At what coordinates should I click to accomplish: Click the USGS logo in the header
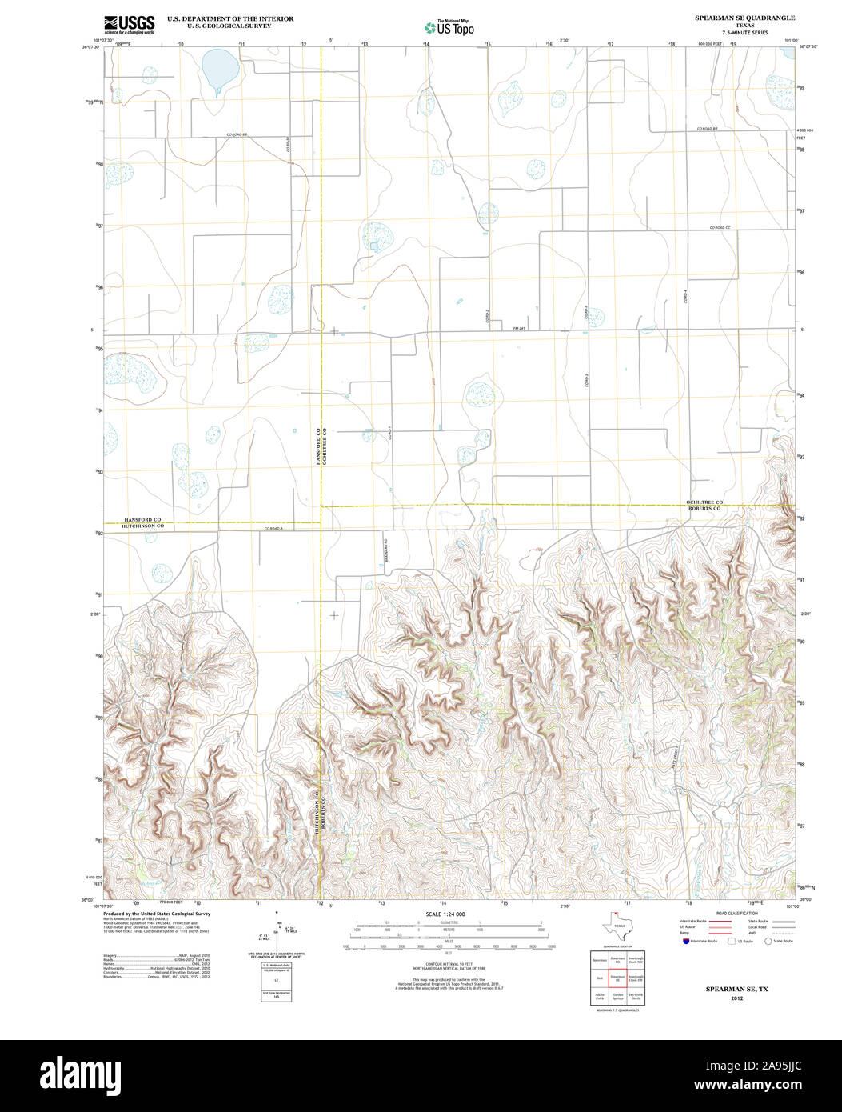click(129, 23)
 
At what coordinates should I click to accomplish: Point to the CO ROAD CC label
click(720, 228)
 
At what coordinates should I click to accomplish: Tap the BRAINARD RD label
click(385, 547)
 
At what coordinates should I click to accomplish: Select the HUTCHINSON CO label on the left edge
click(142, 526)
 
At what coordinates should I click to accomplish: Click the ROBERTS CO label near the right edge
click(704, 509)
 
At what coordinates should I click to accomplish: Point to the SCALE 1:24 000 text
click(445, 914)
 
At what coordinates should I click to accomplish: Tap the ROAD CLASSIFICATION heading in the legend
click(736, 913)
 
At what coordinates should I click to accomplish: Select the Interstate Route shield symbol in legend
click(685, 942)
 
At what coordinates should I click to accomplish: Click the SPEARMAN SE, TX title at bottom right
click(736, 989)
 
